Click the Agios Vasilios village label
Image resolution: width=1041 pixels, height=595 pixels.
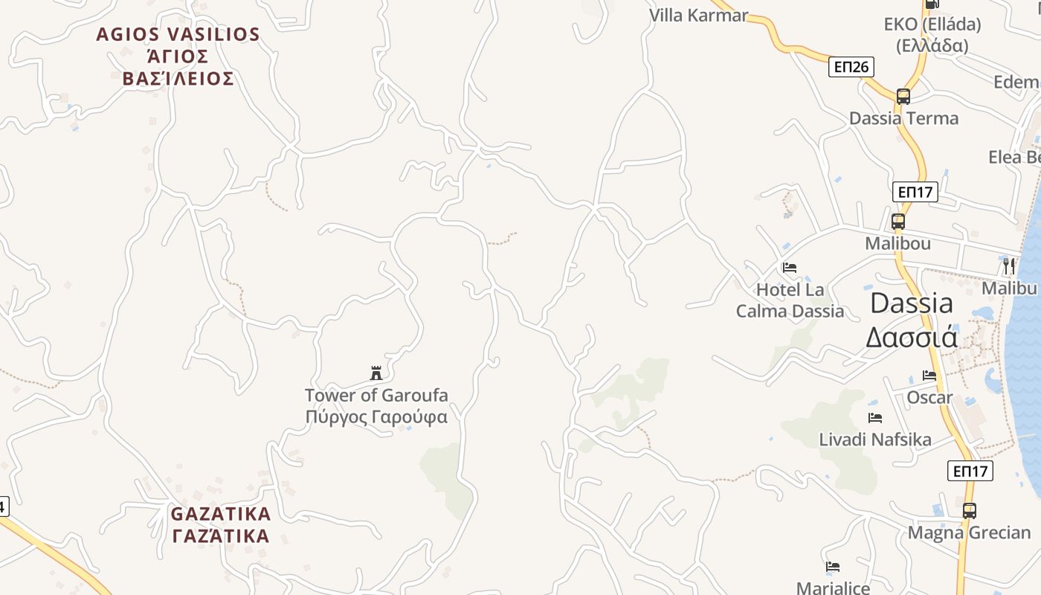(178, 56)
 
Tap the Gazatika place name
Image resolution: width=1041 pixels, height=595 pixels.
(221, 524)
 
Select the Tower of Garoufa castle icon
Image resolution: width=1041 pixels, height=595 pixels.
(376, 373)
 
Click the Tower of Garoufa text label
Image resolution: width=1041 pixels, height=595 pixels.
(376, 405)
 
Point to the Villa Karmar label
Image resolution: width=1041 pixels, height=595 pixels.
(698, 15)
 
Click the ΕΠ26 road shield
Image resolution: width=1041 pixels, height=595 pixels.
(851, 67)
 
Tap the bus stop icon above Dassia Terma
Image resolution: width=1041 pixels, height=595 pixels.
(903, 96)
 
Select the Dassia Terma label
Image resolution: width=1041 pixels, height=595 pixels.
(903, 118)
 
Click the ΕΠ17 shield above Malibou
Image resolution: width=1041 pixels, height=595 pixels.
(915, 192)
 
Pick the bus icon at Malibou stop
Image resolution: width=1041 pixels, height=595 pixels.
(898, 221)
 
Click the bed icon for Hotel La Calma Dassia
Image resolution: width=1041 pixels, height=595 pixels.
(790, 267)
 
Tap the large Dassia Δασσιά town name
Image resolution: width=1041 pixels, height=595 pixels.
(912, 320)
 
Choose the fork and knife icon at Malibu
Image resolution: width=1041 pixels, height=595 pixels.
(1009, 266)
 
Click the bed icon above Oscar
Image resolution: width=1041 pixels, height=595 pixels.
(929, 376)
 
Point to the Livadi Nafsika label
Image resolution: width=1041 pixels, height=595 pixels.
(875, 440)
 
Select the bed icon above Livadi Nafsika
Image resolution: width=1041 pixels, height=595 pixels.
(875, 418)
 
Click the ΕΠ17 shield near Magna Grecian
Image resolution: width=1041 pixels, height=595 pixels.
(970, 471)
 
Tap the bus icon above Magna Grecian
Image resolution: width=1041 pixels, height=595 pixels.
(970, 510)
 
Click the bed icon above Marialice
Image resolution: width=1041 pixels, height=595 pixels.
(833, 567)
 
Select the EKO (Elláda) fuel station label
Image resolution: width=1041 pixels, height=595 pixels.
(932, 34)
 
